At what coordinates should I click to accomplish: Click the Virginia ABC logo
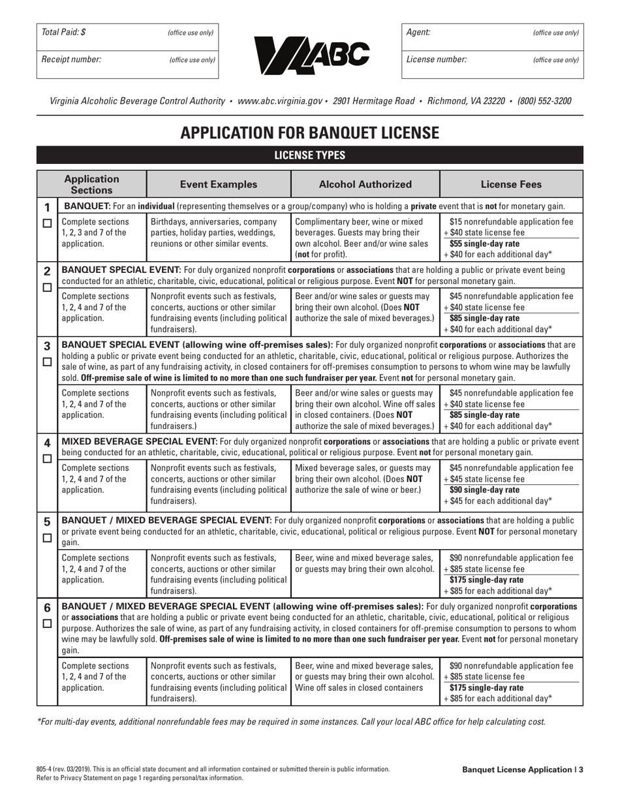click(309, 52)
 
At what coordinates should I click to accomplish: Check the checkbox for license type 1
click(47, 223)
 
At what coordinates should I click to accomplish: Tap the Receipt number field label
click(71, 59)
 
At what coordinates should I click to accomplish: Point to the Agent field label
click(418, 32)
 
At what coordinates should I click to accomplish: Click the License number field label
click(437, 59)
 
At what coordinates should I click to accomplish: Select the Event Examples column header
click(219, 185)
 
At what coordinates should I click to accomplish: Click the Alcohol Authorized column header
click(365, 185)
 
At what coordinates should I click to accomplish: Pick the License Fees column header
click(511, 185)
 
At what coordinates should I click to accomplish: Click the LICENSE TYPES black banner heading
click(309, 155)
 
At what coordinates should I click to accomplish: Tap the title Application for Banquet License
click(309, 133)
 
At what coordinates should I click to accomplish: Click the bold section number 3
click(47, 346)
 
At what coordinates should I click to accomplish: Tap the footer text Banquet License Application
click(517, 770)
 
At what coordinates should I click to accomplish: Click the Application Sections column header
click(92, 185)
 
